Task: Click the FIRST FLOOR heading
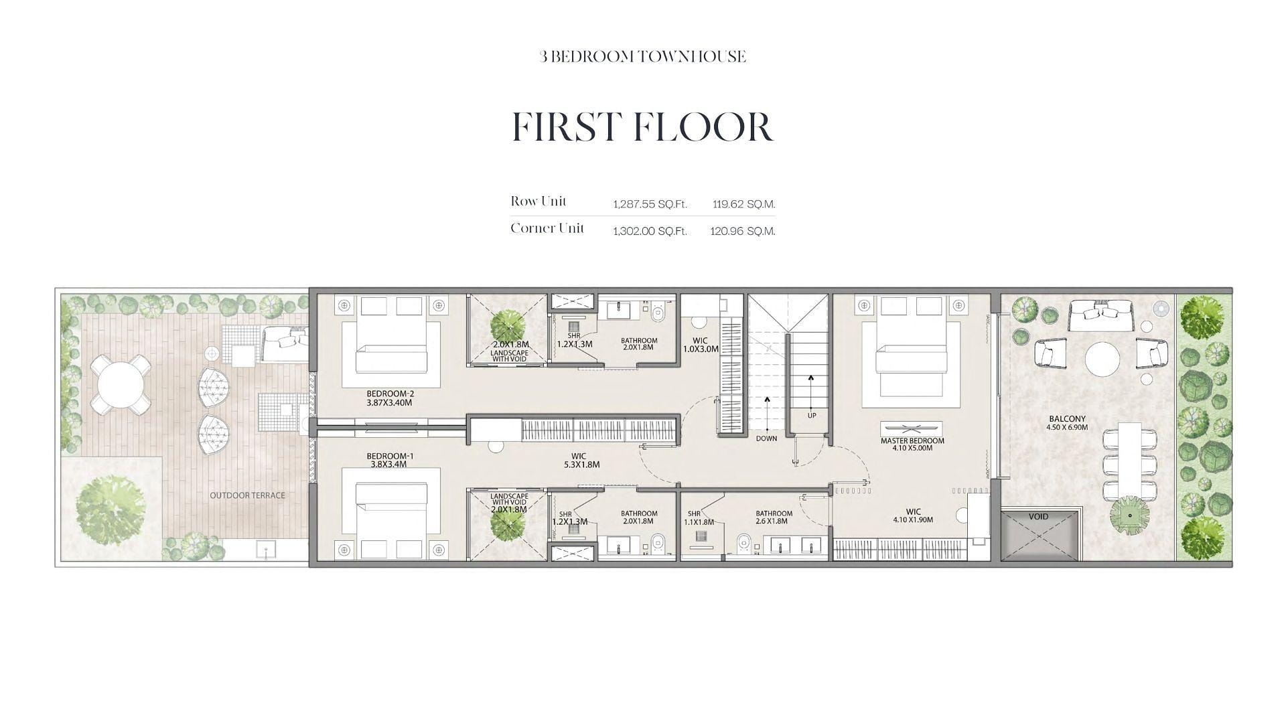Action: pyautogui.click(x=642, y=127)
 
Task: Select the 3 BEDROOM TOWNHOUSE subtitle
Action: pyautogui.click(x=642, y=57)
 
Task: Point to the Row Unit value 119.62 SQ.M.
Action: pyautogui.click(x=743, y=204)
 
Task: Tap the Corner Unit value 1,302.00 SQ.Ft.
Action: pyautogui.click(x=650, y=231)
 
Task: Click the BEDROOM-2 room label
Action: pyautogui.click(x=390, y=398)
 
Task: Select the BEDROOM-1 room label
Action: pyautogui.click(x=390, y=459)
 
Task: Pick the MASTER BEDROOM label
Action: pyautogui.click(x=912, y=445)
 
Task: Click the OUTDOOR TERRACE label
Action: pyautogui.click(x=247, y=495)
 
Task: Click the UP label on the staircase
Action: pyautogui.click(x=812, y=416)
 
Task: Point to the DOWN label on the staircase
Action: pyautogui.click(x=766, y=438)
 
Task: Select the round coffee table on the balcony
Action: pyautogui.click(x=1102, y=359)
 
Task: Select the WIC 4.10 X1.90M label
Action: pyautogui.click(x=913, y=515)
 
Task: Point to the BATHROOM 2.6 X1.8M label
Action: pyautogui.click(x=774, y=517)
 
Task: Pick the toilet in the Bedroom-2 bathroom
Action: pyautogui.click(x=657, y=312)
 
